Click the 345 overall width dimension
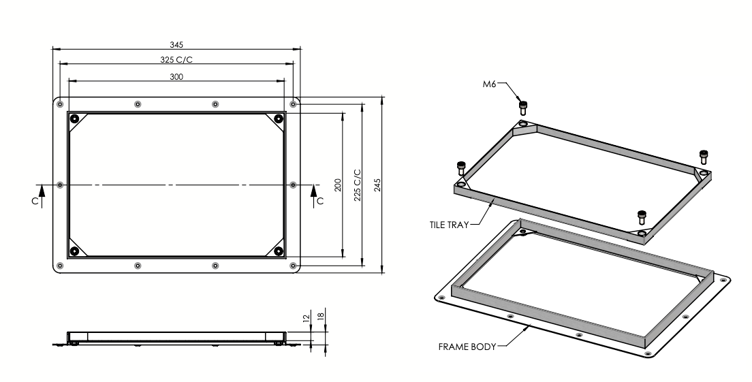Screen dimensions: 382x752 [x=176, y=44]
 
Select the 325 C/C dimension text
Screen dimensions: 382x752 [x=176, y=59]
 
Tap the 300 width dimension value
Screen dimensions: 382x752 [x=176, y=76]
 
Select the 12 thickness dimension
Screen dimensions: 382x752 [x=307, y=317]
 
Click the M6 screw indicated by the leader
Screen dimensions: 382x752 [x=523, y=106]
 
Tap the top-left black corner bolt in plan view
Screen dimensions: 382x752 [x=74, y=119]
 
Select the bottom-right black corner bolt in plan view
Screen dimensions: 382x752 [x=279, y=251]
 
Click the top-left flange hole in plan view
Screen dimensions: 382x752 [x=61, y=104]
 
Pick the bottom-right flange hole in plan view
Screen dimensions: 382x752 [x=293, y=265]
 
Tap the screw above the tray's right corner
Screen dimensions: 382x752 [x=704, y=156]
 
